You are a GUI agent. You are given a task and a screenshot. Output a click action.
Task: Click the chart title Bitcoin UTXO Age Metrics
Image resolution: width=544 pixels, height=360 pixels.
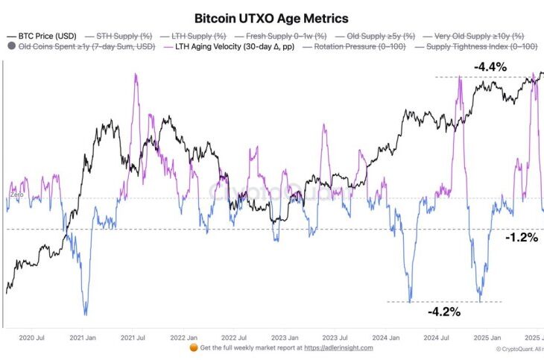click(271, 17)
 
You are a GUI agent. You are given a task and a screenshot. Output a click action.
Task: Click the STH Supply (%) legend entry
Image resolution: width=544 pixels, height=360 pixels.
click(122, 36)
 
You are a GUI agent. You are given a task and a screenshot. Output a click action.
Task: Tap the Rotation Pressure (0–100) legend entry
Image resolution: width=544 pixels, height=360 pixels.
click(359, 47)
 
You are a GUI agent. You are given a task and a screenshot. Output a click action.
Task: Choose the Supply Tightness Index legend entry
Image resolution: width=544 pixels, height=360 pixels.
click(477, 47)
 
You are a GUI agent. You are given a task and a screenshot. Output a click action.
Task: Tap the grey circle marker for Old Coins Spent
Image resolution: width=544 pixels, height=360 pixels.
click(11, 47)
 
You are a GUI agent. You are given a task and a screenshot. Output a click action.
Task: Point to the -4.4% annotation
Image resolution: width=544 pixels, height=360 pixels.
click(490, 67)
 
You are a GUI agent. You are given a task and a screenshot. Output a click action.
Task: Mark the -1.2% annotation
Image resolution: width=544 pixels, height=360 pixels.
click(522, 239)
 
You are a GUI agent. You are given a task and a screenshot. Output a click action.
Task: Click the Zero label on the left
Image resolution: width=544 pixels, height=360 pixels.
click(16, 195)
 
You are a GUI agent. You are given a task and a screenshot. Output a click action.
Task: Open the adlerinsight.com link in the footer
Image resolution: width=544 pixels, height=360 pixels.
click(340, 347)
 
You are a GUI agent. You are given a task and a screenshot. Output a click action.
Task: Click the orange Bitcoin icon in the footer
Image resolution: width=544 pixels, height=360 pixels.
click(193, 347)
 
